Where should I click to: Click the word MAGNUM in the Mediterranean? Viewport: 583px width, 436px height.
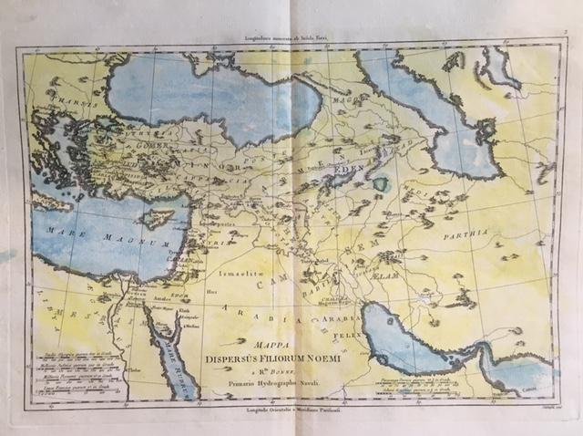click(x=135, y=244)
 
